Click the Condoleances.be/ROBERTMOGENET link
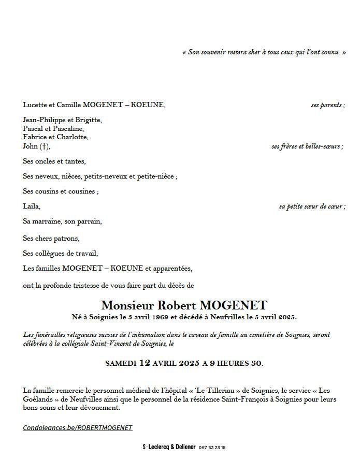(x=78, y=428)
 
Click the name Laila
(x=31, y=206)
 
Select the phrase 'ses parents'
(x=326, y=105)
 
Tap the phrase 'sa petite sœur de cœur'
(x=310, y=206)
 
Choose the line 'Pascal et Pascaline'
(x=53, y=129)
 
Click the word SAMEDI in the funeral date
(x=121, y=363)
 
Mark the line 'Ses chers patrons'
(x=51, y=239)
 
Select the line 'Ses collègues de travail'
(x=60, y=254)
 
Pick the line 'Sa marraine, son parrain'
(x=62, y=221)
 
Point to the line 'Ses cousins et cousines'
(x=60, y=191)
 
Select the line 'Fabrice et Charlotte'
(x=55, y=138)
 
